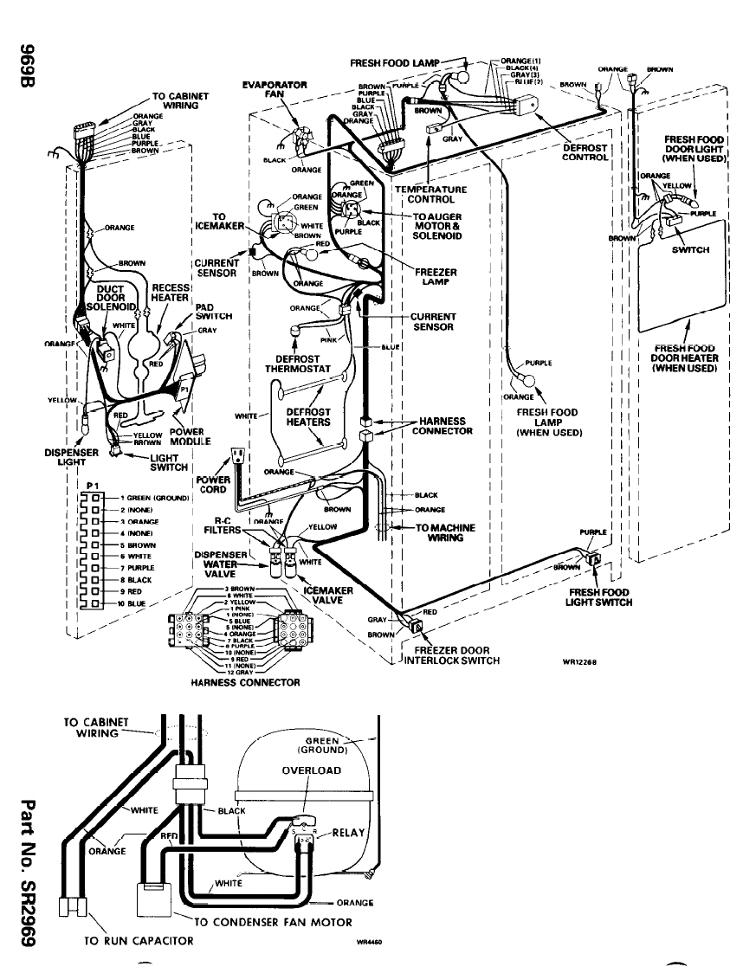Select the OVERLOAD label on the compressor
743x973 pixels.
311,770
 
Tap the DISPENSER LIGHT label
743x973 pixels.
72,455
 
